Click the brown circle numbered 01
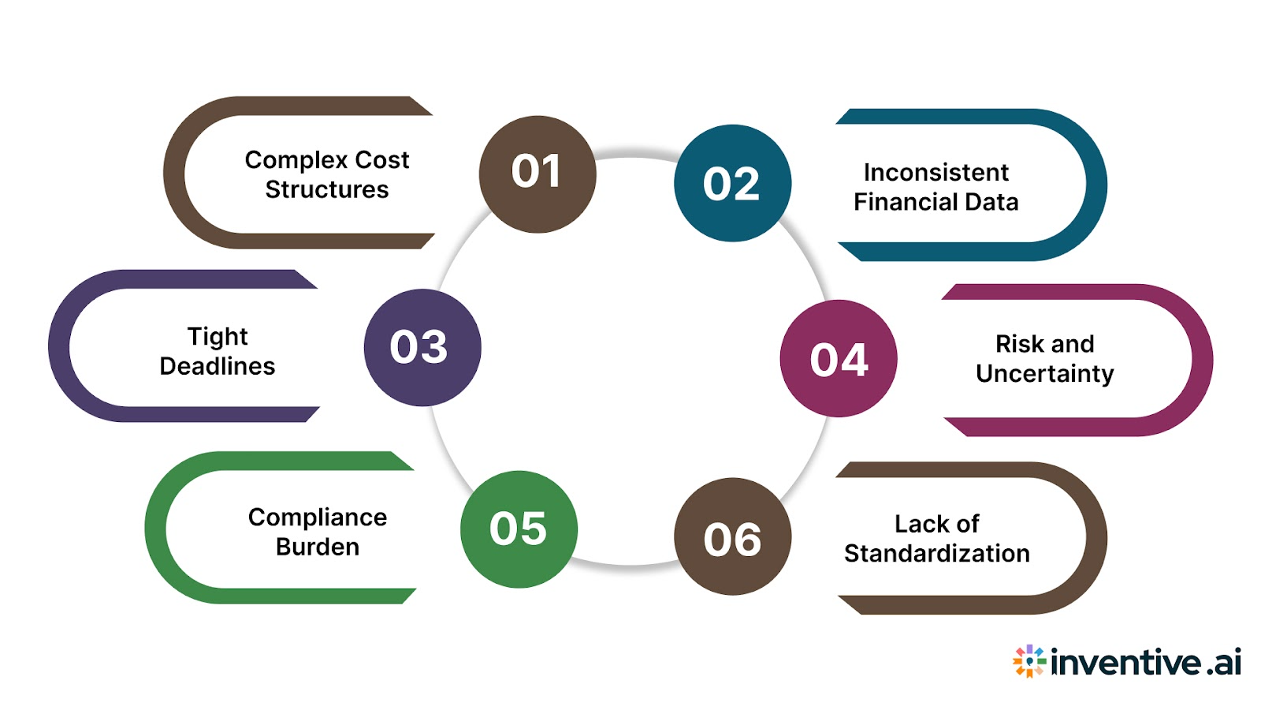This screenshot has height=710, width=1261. [537, 174]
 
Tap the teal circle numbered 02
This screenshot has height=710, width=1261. [732, 183]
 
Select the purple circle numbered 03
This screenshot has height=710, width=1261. [422, 347]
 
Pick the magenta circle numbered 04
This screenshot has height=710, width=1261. [839, 359]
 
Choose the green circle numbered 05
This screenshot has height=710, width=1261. [519, 529]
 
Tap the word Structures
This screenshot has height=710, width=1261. [327, 190]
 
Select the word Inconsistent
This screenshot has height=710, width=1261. [936, 172]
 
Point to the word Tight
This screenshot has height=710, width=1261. [218, 337]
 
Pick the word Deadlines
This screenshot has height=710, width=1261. [218, 366]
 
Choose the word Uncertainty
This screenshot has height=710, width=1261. [1044, 373]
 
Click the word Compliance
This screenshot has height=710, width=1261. [318, 518]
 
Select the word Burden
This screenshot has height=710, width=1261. [318, 547]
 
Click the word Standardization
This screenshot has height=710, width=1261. [936, 554]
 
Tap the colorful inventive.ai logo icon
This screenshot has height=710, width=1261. [1029, 661]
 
